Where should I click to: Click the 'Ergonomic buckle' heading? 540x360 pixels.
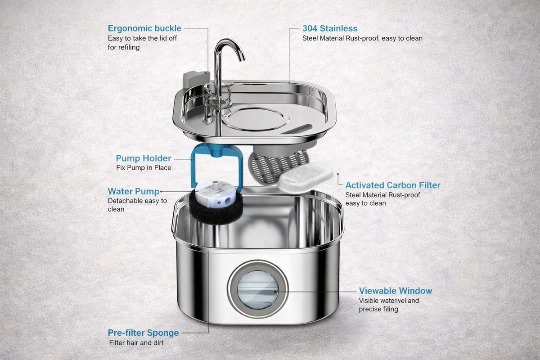tap(144, 29)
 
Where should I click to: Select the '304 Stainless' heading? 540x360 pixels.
tap(330, 29)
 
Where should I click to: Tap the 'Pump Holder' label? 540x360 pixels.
tap(143, 158)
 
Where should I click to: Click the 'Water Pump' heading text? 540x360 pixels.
tap(133, 191)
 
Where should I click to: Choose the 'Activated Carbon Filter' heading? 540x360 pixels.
tap(392, 185)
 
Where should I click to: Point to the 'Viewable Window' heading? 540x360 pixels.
tap(395, 291)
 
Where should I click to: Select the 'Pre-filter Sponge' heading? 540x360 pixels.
tap(143, 333)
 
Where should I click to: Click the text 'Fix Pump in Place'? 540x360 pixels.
tap(143, 168)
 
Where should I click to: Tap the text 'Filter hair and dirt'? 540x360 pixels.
tap(136, 343)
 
